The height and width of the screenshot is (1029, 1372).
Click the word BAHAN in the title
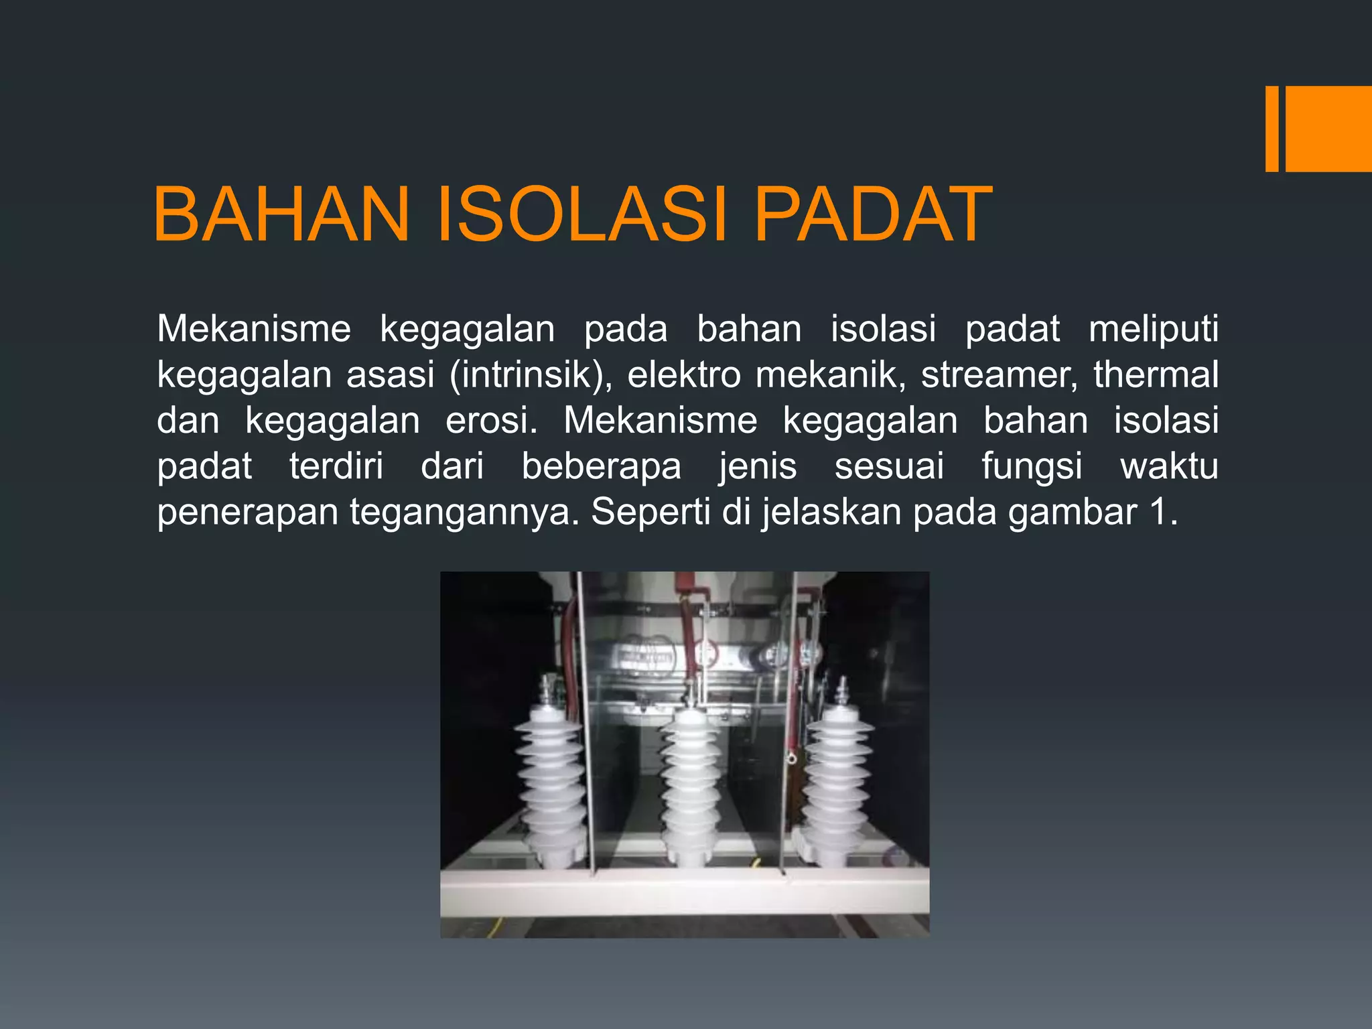pyautogui.click(x=281, y=214)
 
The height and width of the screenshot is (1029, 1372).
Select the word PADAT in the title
pyautogui.click(x=872, y=214)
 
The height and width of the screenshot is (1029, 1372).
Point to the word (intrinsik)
pyautogui.click(x=531, y=374)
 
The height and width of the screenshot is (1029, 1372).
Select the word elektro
pyautogui.click(x=684, y=374)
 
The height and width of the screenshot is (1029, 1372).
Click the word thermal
pyautogui.click(x=1156, y=374)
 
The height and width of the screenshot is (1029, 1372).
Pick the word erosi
pyautogui.click(x=491, y=421)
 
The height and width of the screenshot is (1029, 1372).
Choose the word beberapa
pyautogui.click(x=601, y=466)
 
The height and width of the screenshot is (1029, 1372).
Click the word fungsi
pyautogui.click(x=1032, y=466)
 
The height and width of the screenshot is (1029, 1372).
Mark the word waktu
pyautogui.click(x=1169, y=466)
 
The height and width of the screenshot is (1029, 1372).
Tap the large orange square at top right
pyautogui.click(x=1328, y=129)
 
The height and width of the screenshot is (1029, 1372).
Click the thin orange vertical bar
pyautogui.click(x=1272, y=129)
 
